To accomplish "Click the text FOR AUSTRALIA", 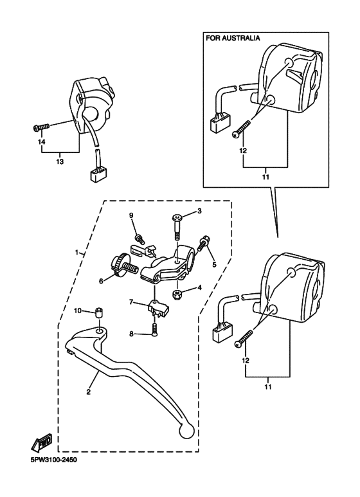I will pos(233,39).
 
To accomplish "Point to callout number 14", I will pos(42,141).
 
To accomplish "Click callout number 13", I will pos(60,162).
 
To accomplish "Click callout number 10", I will pos(77,311).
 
